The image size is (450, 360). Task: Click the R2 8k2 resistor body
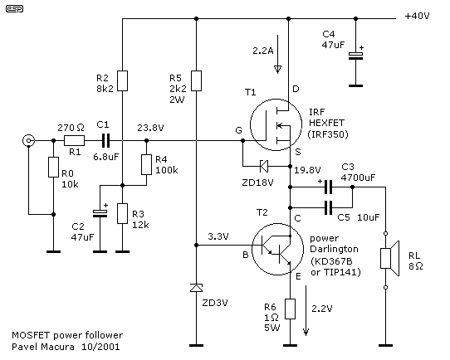[x=123, y=80]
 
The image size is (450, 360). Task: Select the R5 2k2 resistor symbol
[x=196, y=80]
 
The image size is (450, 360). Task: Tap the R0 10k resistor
[x=53, y=167]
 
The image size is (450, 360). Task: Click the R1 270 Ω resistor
[x=74, y=141]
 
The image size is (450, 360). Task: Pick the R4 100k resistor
[x=146, y=165]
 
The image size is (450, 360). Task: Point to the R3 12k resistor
[x=123, y=213]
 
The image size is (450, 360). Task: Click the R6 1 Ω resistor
[x=290, y=309]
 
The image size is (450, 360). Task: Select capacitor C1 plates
[x=106, y=141]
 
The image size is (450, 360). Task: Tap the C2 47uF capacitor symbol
[x=100, y=213]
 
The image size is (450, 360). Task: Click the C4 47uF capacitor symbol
[x=356, y=56]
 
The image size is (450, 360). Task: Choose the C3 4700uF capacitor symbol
[x=328, y=187]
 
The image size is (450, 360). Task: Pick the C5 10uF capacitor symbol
[x=328, y=207]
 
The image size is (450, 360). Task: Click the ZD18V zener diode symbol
[x=264, y=166]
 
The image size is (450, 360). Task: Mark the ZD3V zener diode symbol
[x=196, y=288]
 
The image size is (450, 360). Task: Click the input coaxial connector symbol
[x=29, y=141]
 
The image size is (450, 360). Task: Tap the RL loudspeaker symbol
[x=389, y=259]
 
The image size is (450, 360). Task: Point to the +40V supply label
[x=417, y=16]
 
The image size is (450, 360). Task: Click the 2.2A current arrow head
[x=277, y=70]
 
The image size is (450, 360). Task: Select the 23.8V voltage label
[x=150, y=128]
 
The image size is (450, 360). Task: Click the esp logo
[x=14, y=9]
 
